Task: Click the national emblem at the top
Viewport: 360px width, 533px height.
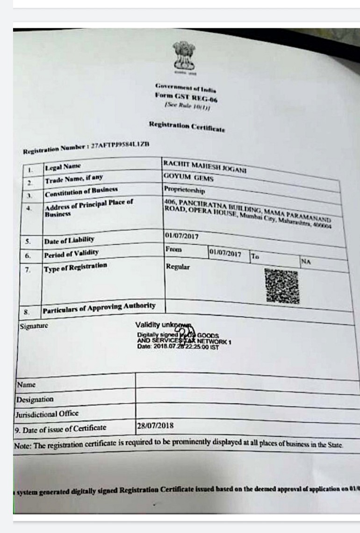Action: pyautogui.click(x=184, y=58)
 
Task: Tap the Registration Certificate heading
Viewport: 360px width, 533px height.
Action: pyautogui.click(x=187, y=126)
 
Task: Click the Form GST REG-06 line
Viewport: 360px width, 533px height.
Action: pyautogui.click(x=186, y=96)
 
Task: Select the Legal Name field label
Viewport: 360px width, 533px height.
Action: pyautogui.click(x=63, y=167)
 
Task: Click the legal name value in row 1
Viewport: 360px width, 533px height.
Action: pyautogui.click(x=205, y=166)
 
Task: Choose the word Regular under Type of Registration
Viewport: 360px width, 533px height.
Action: pyautogui.click(x=178, y=267)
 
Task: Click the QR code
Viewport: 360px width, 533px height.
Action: pyautogui.click(x=280, y=285)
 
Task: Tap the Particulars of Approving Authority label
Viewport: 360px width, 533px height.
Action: pyautogui.click(x=99, y=307)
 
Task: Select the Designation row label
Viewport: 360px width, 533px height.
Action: pyautogui.click(x=35, y=400)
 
